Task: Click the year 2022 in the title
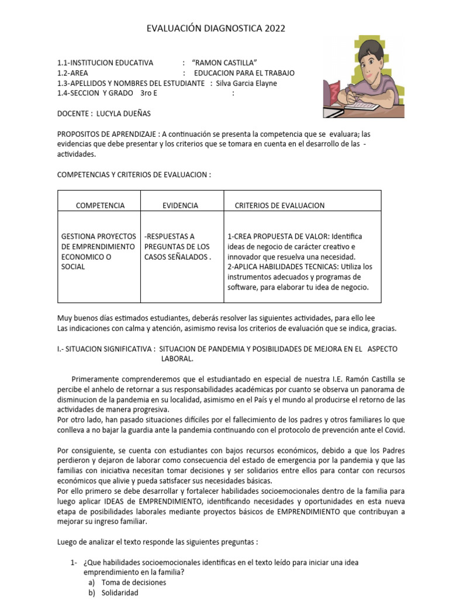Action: (x=276, y=29)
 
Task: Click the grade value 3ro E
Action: (x=148, y=93)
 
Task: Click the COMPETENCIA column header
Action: (x=100, y=205)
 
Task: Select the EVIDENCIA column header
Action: (x=179, y=205)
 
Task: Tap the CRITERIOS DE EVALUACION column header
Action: (x=279, y=205)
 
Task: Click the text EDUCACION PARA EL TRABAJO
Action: (x=244, y=73)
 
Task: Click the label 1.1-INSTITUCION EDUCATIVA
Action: (x=105, y=63)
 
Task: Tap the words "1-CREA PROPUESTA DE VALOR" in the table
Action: (x=278, y=236)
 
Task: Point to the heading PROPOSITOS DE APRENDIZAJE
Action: (x=108, y=134)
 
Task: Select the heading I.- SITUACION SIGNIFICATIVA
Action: (x=106, y=349)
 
